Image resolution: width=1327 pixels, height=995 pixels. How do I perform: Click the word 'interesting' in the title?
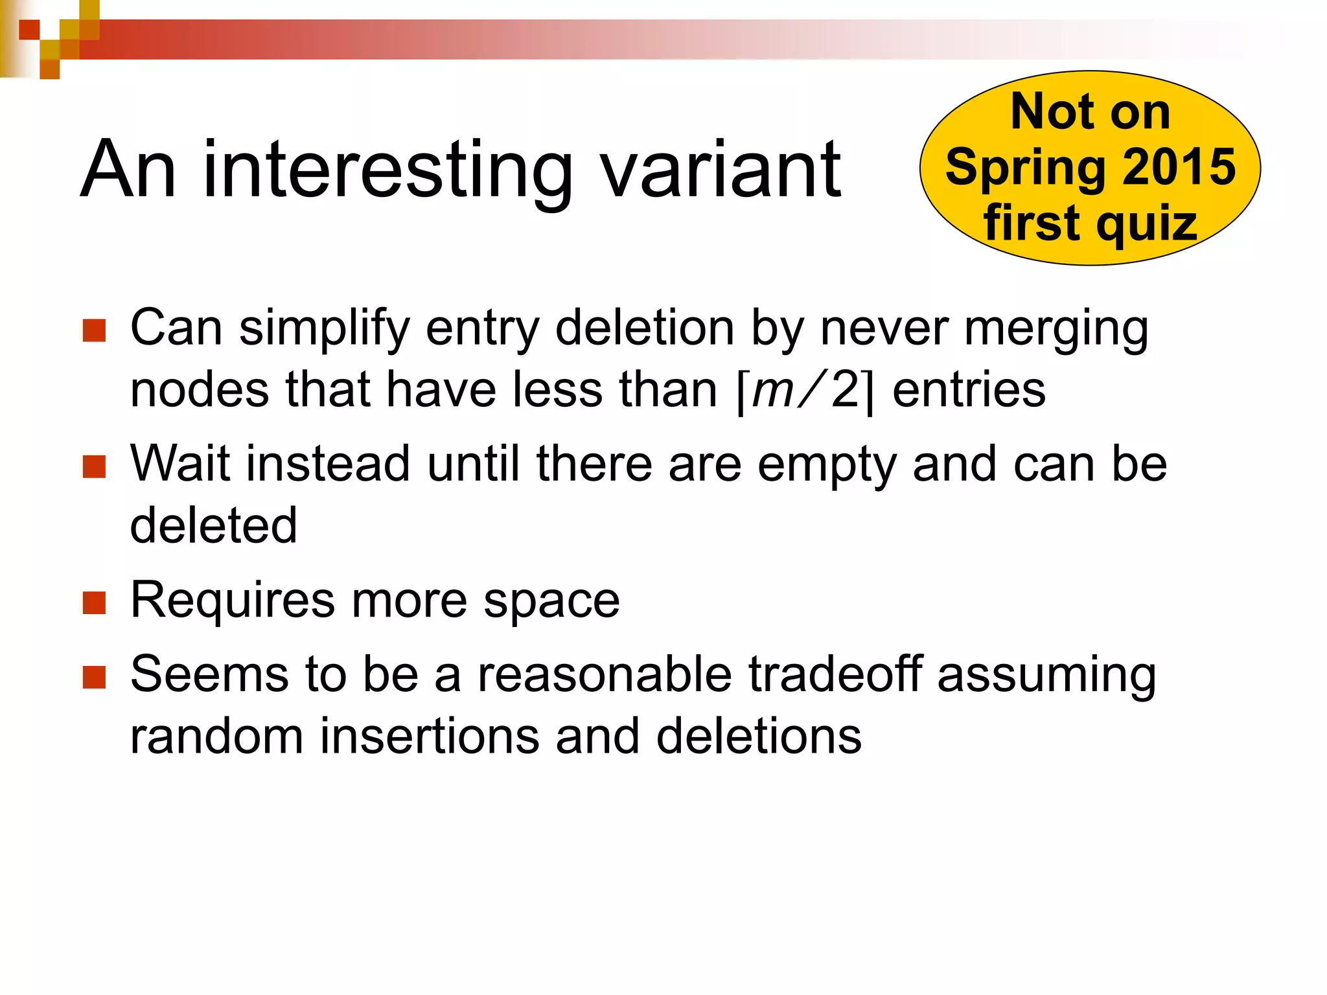387,170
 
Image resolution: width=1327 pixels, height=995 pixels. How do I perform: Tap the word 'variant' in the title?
721,170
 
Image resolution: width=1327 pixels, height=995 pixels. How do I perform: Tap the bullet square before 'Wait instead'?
95,466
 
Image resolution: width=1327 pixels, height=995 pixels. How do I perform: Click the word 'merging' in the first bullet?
1056,329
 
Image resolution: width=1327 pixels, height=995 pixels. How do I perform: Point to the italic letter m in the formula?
772,391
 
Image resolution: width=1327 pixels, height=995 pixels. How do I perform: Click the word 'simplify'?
324,329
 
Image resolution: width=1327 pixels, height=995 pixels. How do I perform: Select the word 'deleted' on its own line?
213,525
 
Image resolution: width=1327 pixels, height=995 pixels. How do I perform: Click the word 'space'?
551,601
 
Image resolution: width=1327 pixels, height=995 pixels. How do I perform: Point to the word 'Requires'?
233,601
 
